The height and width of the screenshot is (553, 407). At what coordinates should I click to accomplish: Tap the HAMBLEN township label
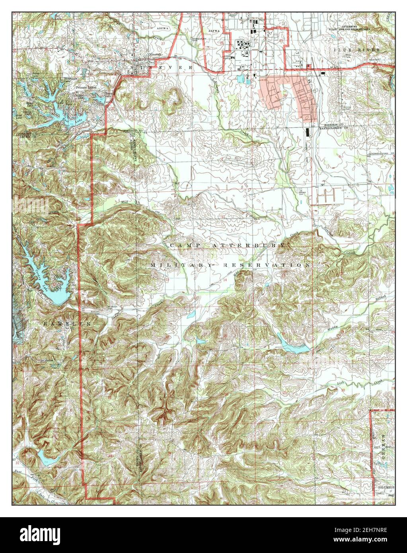(67, 324)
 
